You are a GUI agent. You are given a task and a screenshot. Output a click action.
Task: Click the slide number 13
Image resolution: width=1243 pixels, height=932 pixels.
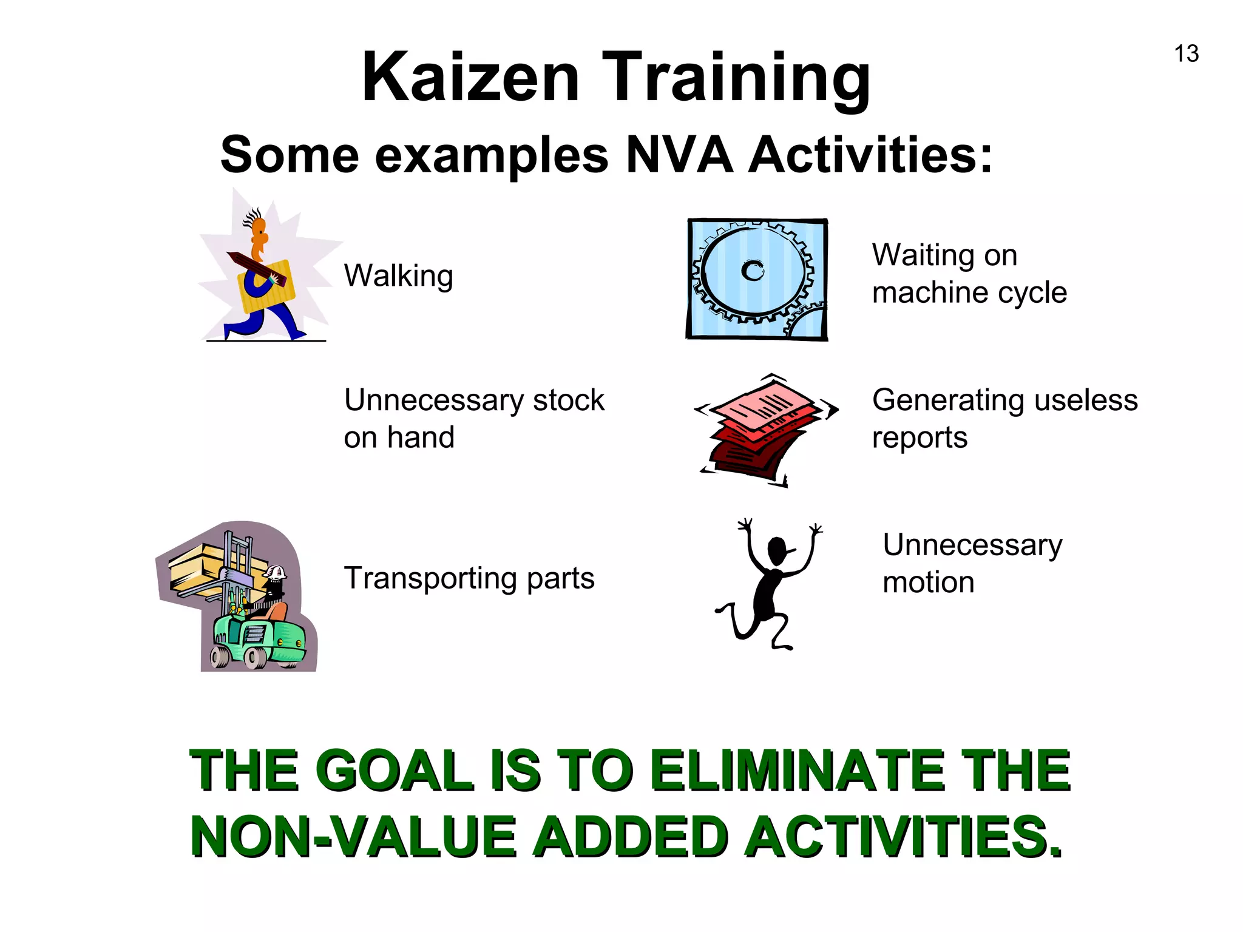pos(1186,54)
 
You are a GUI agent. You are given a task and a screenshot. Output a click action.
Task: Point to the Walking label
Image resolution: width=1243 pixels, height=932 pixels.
pos(398,276)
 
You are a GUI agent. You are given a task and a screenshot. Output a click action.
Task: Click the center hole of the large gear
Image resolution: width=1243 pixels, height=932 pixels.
pos(753,271)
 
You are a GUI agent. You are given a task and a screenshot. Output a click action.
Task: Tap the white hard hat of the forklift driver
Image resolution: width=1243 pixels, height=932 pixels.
pos(276,572)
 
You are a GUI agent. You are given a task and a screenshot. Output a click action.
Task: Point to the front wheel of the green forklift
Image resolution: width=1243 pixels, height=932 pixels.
pos(256,657)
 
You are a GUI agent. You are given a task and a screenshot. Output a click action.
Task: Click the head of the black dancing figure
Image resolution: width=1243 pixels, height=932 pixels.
pos(777,550)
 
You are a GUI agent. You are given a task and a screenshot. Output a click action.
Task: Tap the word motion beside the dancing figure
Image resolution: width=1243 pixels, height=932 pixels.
pos(928,582)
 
